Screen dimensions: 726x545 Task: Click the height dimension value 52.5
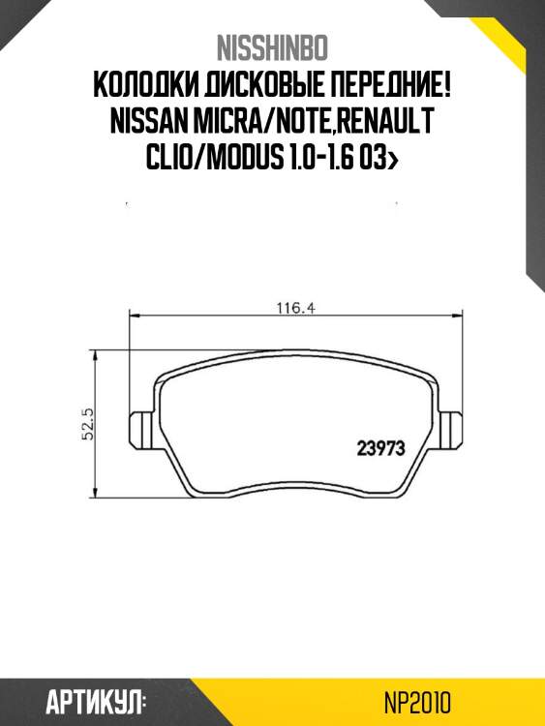pyautogui.click(x=86, y=423)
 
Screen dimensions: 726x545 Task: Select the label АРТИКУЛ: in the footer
pyautogui.click(x=96, y=702)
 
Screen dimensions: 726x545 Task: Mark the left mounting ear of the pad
pyautogui.click(x=141, y=425)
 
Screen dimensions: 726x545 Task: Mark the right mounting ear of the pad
pyautogui.click(x=452, y=425)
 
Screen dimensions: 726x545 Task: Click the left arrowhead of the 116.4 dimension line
pyautogui.click(x=135, y=316)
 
